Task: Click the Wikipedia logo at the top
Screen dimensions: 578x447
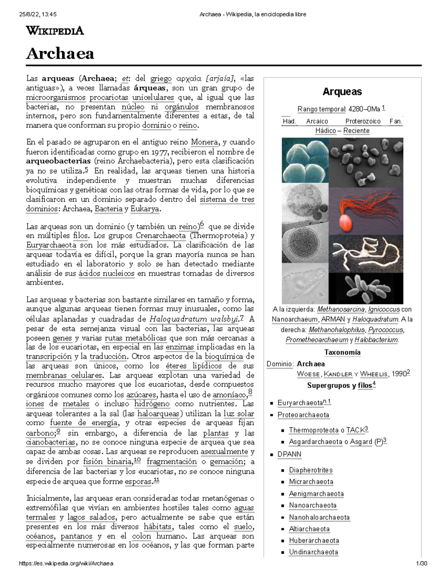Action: click(x=55, y=31)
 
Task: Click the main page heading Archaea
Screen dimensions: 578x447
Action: click(x=60, y=54)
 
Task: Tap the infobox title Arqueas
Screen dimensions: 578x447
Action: click(x=342, y=92)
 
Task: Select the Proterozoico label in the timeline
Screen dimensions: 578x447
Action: click(x=362, y=121)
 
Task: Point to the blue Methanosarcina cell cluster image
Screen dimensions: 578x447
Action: click(x=305, y=160)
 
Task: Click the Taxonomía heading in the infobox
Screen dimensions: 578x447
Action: click(x=342, y=352)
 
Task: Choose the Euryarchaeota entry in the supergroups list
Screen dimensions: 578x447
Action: click(x=300, y=403)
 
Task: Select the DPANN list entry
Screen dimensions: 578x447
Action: click(x=289, y=454)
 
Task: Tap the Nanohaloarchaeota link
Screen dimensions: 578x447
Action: click(x=319, y=517)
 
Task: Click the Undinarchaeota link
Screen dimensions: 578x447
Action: click(x=313, y=552)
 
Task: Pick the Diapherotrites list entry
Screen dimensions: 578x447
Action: click(x=311, y=470)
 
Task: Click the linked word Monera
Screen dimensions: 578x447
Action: click(x=204, y=142)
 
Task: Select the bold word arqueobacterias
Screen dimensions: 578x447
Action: click(x=58, y=161)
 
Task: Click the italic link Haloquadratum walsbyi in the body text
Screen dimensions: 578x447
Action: click(x=193, y=319)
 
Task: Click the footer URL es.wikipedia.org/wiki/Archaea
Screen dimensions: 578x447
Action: click(x=66, y=563)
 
